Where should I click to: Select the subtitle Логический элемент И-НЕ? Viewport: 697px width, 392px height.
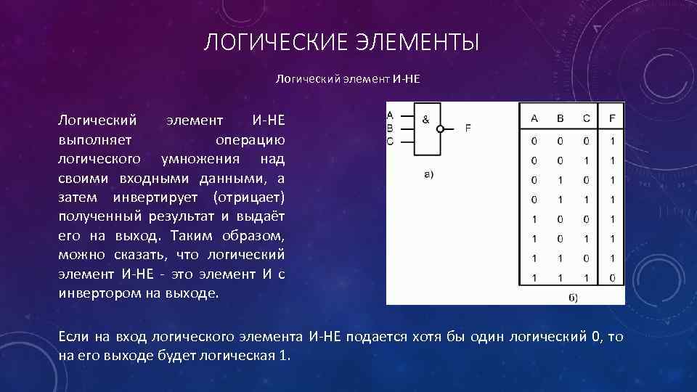[348, 78]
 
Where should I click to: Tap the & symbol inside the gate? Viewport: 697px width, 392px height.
[426, 118]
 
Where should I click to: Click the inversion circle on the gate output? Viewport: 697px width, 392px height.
[440, 128]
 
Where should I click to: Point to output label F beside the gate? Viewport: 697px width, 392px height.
[468, 128]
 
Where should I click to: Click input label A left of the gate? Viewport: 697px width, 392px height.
[391, 115]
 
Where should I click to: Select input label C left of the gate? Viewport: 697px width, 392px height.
[391, 141]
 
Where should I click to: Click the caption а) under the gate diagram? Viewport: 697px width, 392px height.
[428, 174]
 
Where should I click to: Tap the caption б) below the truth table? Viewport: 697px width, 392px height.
[571, 298]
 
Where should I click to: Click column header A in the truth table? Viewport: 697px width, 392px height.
[534, 119]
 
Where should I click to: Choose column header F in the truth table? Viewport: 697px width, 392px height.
[612, 119]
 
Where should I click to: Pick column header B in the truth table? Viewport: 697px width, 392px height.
[560, 119]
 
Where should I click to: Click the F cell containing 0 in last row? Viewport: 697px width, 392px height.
[612, 277]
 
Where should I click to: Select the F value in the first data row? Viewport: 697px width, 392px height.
[612, 141]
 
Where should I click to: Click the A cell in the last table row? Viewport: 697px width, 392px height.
[534, 277]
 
